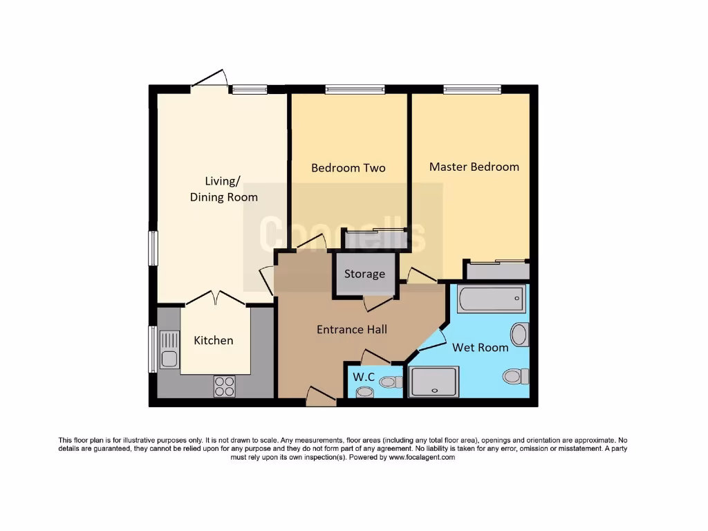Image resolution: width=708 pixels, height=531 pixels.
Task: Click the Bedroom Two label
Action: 348,168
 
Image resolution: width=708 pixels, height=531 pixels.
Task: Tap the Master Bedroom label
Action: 474,167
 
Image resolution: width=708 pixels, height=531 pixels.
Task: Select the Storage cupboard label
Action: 364,274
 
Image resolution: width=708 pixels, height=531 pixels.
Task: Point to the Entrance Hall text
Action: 351,329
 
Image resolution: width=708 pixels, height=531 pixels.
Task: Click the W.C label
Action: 364,377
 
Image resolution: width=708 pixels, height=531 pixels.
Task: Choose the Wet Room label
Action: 480,347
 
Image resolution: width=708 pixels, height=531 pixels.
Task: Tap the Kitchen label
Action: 213,340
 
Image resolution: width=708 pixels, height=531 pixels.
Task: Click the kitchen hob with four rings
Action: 224,386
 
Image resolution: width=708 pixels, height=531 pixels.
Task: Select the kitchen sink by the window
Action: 169,349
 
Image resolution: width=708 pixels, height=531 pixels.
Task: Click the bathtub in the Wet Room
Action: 491,299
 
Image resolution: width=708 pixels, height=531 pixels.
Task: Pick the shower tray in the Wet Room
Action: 434,382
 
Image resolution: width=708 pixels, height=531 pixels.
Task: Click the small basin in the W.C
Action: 364,393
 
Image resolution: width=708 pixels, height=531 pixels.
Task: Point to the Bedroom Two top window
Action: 355,89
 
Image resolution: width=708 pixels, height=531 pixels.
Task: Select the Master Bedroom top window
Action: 472,89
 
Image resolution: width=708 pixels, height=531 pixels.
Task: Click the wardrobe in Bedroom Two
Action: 375,239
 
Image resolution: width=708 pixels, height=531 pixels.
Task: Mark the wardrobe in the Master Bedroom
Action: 497,270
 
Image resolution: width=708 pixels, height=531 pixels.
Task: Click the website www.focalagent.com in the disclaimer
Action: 422,458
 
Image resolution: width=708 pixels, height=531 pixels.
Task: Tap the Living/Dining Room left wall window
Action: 153,248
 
